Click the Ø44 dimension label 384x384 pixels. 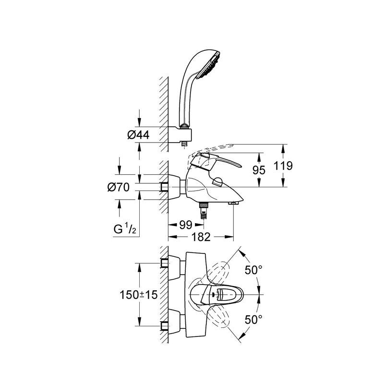(138, 135)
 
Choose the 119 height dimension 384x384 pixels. (283, 166)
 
